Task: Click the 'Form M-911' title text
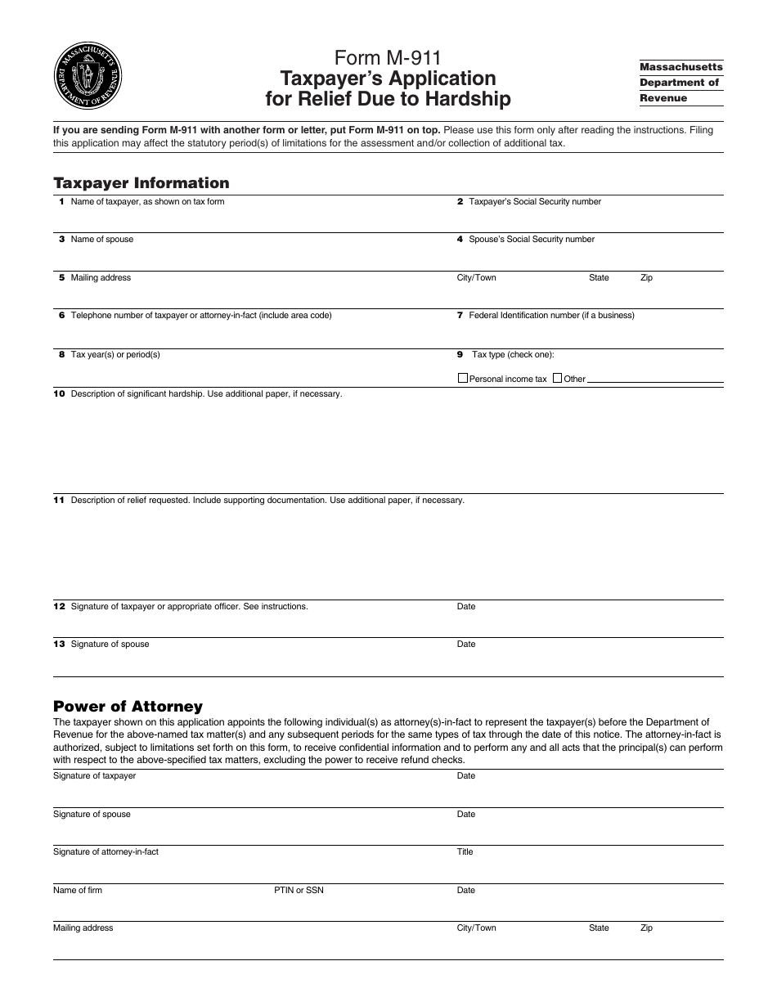[388, 58]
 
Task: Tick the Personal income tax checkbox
[462, 379]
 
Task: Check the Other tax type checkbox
[557, 379]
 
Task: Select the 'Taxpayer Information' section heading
[141, 183]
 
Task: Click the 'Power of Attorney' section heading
[128, 706]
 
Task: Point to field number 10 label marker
[59, 394]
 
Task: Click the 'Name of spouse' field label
[101, 240]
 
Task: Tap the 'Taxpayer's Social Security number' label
[534, 202]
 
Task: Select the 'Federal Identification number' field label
[551, 316]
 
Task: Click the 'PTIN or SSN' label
[299, 890]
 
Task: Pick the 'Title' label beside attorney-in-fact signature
[465, 852]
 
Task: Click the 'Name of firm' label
[78, 890]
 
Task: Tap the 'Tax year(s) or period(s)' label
[115, 355]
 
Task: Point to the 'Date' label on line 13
[465, 644]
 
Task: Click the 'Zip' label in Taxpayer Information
[646, 278]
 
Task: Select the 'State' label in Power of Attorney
[599, 928]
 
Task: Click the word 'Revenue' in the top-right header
[663, 98]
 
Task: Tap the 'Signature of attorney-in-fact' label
[106, 852]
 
